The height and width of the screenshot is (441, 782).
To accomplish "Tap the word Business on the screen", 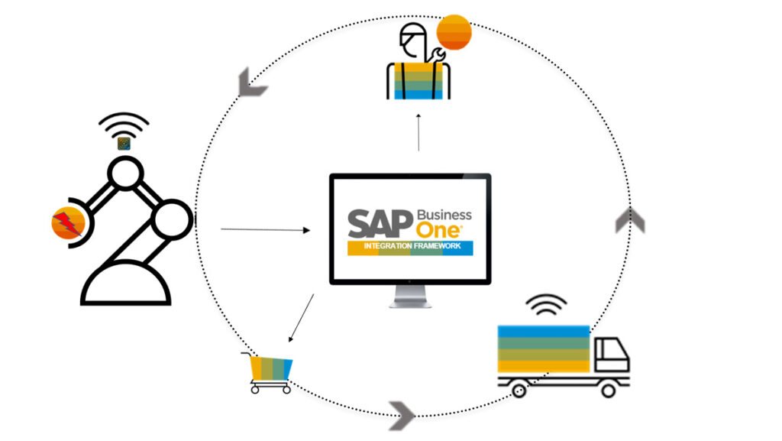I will click(x=444, y=215).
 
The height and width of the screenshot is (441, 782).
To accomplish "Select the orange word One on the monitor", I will click(x=438, y=231).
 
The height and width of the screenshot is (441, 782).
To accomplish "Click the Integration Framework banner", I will click(x=410, y=248).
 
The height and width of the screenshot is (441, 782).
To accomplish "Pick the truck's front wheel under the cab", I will click(x=608, y=390).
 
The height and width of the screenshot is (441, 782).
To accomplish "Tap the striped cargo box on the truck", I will click(x=544, y=349).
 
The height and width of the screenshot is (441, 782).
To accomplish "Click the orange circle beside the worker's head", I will click(x=454, y=32).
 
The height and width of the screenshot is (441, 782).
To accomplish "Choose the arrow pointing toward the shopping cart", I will click(x=301, y=318).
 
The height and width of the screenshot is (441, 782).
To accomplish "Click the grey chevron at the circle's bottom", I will click(x=402, y=415).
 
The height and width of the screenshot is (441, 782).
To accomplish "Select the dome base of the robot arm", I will click(x=126, y=287).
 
